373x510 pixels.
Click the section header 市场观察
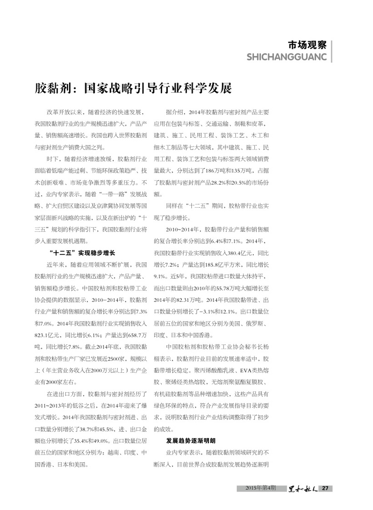point(307,45)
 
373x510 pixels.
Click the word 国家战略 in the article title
point(107,88)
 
